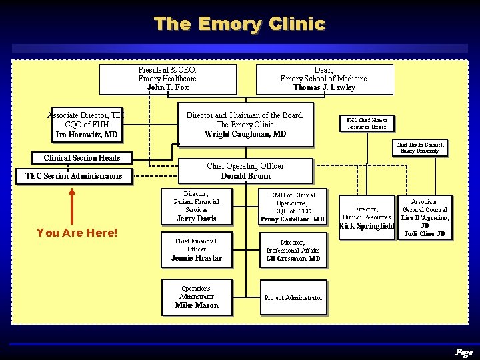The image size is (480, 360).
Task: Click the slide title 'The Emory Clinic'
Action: pyautogui.click(x=239, y=24)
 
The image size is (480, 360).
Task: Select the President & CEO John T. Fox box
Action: pyautogui.click(x=167, y=79)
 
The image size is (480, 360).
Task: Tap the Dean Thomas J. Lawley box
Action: pyautogui.click(x=324, y=79)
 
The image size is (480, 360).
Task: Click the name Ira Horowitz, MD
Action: pyautogui.click(x=87, y=135)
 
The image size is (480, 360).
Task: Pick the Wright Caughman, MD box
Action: pyautogui.click(x=245, y=125)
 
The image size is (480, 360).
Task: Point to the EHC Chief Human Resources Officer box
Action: pyautogui.click(x=367, y=123)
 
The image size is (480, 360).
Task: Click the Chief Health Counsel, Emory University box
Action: pyautogui.click(x=420, y=147)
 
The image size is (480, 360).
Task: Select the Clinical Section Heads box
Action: pyautogui.click(x=82, y=158)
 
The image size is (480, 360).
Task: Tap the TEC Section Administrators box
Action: pyautogui.click(x=74, y=176)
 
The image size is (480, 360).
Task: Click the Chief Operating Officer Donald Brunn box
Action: pyautogui.click(x=245, y=171)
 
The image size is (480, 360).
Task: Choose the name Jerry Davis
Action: pyautogui.click(x=196, y=219)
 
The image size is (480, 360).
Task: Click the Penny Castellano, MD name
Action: pyautogui.click(x=292, y=219)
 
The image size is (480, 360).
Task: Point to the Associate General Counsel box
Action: pyautogui.click(x=424, y=217)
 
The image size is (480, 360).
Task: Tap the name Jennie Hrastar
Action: pyautogui.click(x=196, y=258)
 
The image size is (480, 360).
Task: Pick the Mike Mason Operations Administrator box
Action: pyautogui.click(x=197, y=297)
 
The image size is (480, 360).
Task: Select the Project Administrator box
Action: pyautogui.click(x=293, y=298)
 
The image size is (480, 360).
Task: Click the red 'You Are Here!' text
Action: pyautogui.click(x=77, y=233)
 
